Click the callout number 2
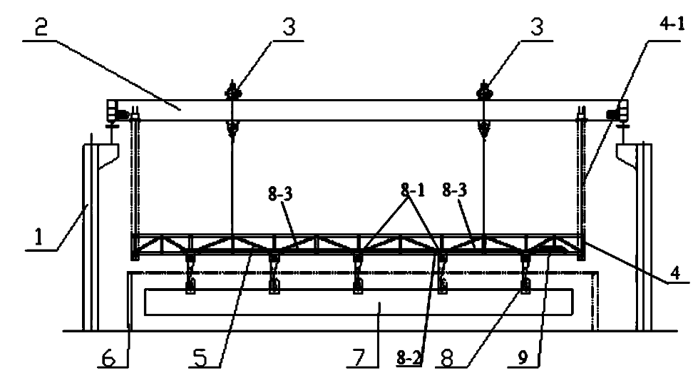tap(41, 28)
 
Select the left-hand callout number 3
tap(287, 27)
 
